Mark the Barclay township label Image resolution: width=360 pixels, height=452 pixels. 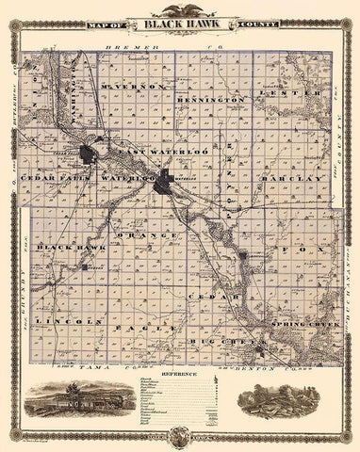pos(294,175)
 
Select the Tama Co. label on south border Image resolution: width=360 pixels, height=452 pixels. pos(94,363)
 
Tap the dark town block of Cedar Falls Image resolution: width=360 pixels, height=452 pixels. pos(89,154)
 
